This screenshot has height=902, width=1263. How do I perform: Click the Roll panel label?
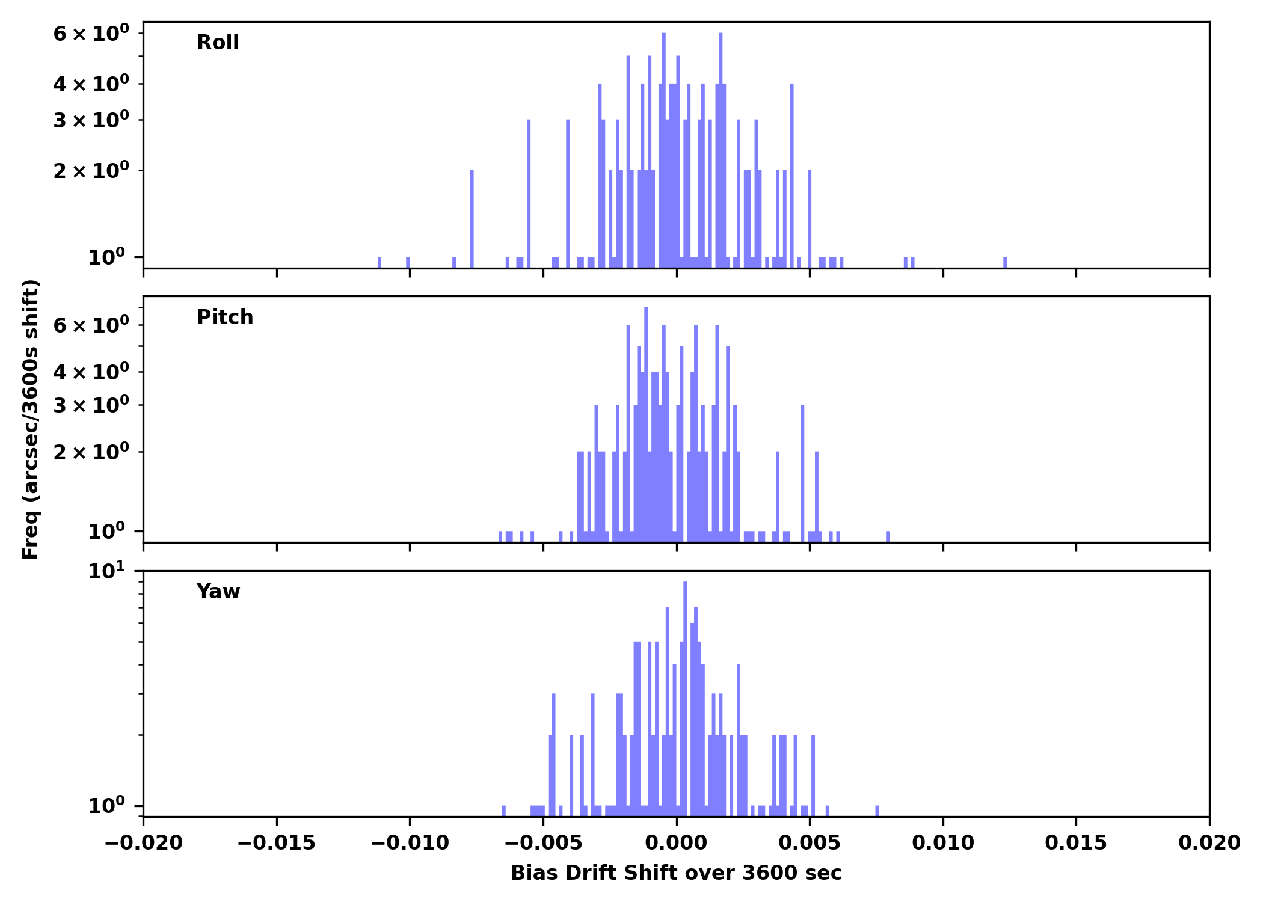[218, 43]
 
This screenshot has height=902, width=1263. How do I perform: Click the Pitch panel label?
[225, 318]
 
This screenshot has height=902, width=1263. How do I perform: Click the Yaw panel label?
[218, 592]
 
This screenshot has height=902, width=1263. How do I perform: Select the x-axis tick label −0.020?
[143, 843]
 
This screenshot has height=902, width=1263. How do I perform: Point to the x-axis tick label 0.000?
[676, 843]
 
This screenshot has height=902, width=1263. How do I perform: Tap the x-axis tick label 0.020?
[1209, 843]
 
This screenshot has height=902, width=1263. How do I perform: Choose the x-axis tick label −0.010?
[410, 843]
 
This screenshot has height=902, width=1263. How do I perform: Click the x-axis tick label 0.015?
[1076, 843]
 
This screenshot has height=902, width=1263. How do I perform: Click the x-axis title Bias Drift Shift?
[676, 873]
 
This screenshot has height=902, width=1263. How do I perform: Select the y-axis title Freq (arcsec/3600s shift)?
[31, 419]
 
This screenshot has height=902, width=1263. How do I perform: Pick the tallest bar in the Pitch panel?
[646, 421]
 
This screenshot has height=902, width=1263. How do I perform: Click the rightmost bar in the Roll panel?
[1005, 262]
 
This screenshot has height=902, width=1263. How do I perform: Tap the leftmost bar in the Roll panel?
[380, 262]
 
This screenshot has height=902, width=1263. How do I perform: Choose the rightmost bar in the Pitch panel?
[888, 536]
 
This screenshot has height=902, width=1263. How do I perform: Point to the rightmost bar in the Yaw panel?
[877, 811]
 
